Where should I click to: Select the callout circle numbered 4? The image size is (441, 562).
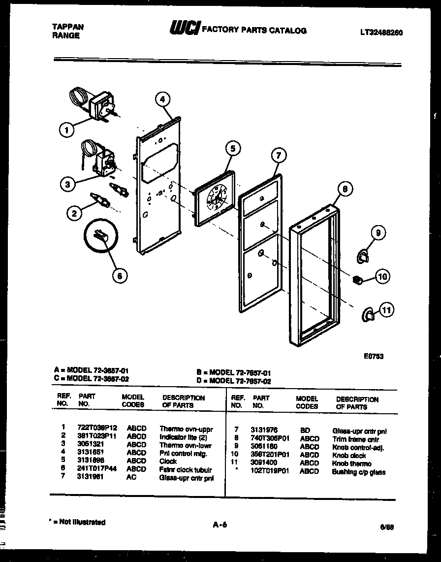pyautogui.click(x=162, y=100)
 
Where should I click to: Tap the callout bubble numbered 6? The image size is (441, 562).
pyautogui.click(x=119, y=276)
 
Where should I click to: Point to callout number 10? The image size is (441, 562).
pyautogui.click(x=382, y=277)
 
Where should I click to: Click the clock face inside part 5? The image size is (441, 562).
pyautogui.click(x=215, y=198)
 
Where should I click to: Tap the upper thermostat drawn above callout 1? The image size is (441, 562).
pyautogui.click(x=101, y=105)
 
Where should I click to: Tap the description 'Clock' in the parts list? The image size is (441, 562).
pyautogui.click(x=168, y=461)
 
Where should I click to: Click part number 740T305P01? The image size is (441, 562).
pyautogui.click(x=270, y=438)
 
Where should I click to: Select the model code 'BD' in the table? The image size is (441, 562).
pyautogui.click(x=305, y=430)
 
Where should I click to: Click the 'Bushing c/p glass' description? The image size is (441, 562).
pyautogui.click(x=359, y=471)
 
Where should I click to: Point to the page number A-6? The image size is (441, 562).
pyautogui.click(x=220, y=525)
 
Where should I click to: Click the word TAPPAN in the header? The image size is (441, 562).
pyautogui.click(x=67, y=27)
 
